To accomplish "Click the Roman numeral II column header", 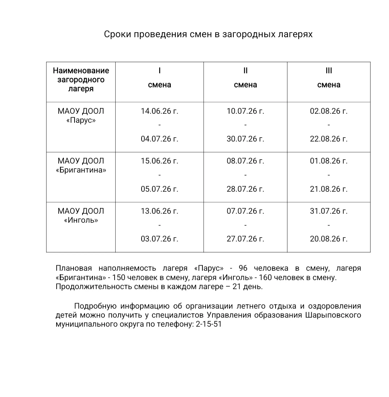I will tap(245, 71).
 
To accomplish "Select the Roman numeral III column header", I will tap(328, 71).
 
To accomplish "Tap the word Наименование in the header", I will tap(81, 70).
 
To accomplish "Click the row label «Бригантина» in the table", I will tap(81, 170).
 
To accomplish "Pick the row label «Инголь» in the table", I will tap(81, 220).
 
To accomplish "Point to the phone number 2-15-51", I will tap(209, 324).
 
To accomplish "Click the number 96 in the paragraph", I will tap(243, 268).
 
